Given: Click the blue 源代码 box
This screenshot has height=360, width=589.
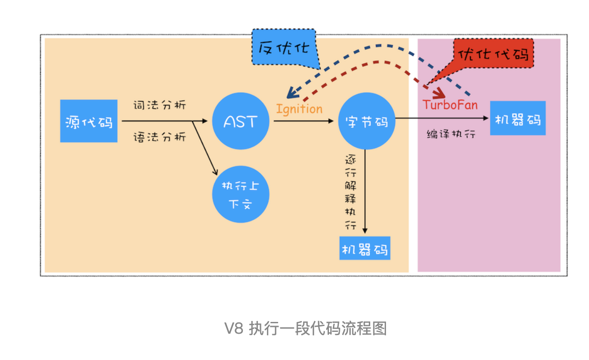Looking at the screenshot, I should (x=89, y=121).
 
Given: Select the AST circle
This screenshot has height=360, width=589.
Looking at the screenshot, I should (x=241, y=121).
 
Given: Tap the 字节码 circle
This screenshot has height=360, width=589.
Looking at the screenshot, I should (x=366, y=121).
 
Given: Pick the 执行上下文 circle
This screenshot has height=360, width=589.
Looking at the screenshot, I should (x=241, y=195).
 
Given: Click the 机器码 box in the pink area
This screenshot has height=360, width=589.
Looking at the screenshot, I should (x=517, y=118).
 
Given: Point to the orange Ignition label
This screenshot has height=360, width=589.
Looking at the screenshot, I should (x=299, y=109).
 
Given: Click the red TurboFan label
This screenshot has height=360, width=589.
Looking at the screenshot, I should (x=450, y=105).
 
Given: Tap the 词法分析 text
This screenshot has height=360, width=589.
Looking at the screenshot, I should (x=159, y=105).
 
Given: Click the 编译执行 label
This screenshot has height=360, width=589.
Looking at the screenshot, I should (x=451, y=134).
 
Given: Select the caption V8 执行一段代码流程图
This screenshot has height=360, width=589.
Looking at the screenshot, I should (x=305, y=328).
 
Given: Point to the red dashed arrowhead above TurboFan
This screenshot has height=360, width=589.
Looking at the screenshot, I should (x=439, y=94).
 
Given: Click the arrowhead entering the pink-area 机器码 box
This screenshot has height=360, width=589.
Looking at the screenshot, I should (x=487, y=118).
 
